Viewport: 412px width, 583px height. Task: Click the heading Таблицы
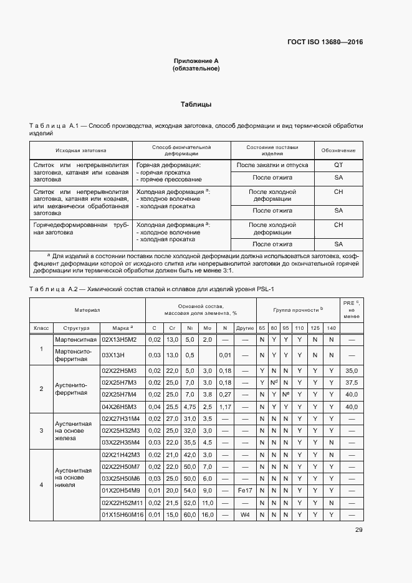196,104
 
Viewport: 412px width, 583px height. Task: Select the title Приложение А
196,60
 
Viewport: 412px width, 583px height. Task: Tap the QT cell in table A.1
338,165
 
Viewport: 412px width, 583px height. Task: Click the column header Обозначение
338,151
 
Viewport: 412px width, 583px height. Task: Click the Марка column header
123,327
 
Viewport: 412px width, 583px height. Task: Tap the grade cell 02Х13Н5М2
123,339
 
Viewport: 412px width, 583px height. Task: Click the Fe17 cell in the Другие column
245,491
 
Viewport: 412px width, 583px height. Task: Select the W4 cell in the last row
245,515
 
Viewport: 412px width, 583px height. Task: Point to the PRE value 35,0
352,370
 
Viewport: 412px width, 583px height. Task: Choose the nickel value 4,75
191,407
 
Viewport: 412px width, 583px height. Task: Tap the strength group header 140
331,327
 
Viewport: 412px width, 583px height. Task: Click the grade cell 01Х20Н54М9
123,491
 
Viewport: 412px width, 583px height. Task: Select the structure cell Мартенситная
75,339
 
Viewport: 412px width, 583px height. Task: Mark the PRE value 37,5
352,382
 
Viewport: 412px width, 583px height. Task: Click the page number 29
358,530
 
